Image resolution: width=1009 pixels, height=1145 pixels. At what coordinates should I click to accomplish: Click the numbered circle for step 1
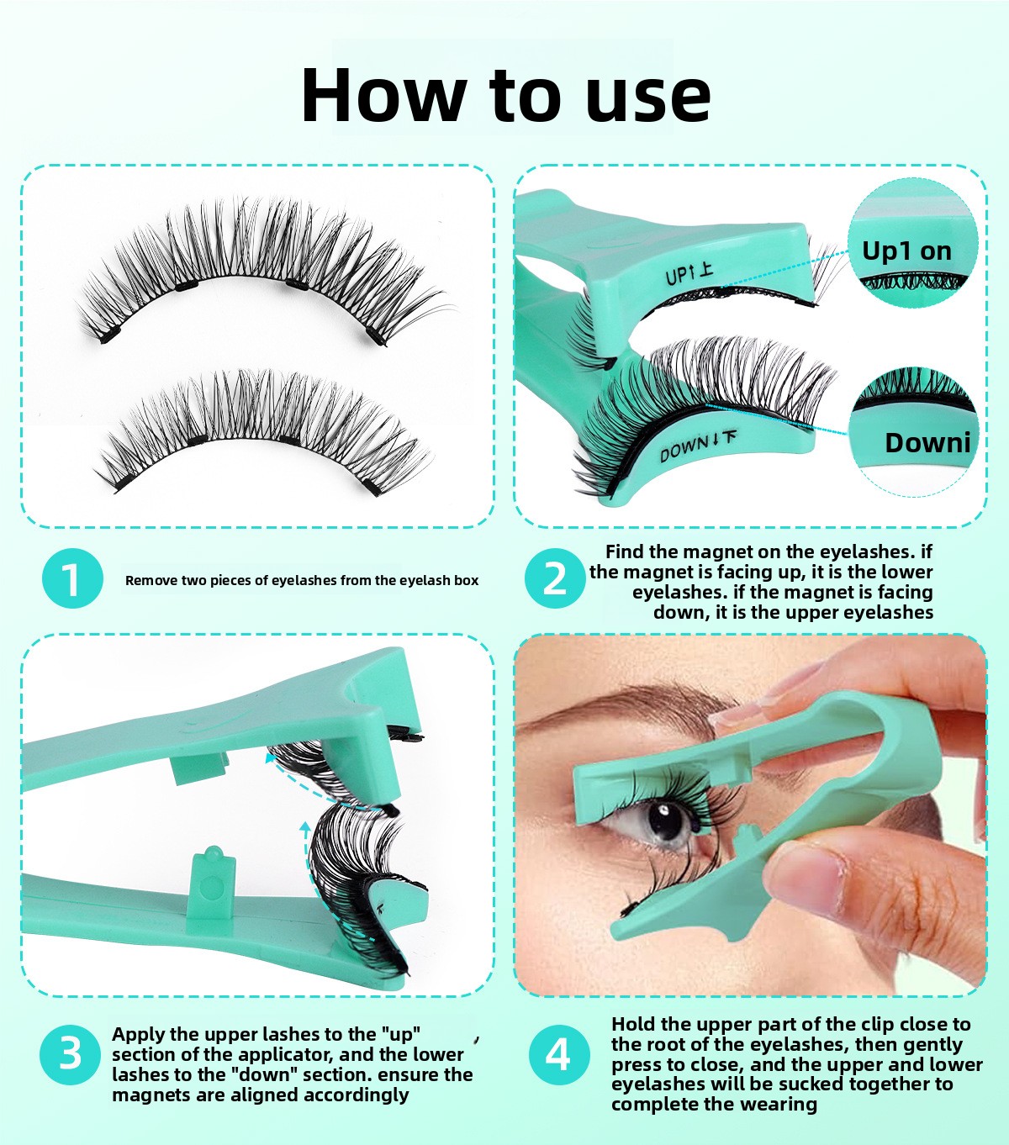click(x=72, y=578)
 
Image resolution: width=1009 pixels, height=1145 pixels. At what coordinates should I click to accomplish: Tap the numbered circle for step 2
click(x=555, y=578)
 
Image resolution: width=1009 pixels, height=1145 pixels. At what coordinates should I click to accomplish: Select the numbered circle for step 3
click(x=70, y=1054)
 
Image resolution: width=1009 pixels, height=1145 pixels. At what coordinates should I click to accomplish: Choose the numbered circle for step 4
click(x=559, y=1054)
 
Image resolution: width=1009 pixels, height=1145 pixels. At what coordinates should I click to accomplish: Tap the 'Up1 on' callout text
click(x=906, y=251)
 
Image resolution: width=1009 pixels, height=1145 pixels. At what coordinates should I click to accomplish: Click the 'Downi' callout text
click(x=927, y=442)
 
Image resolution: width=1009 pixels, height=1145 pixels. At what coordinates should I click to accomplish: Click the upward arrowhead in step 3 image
click(x=305, y=827)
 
